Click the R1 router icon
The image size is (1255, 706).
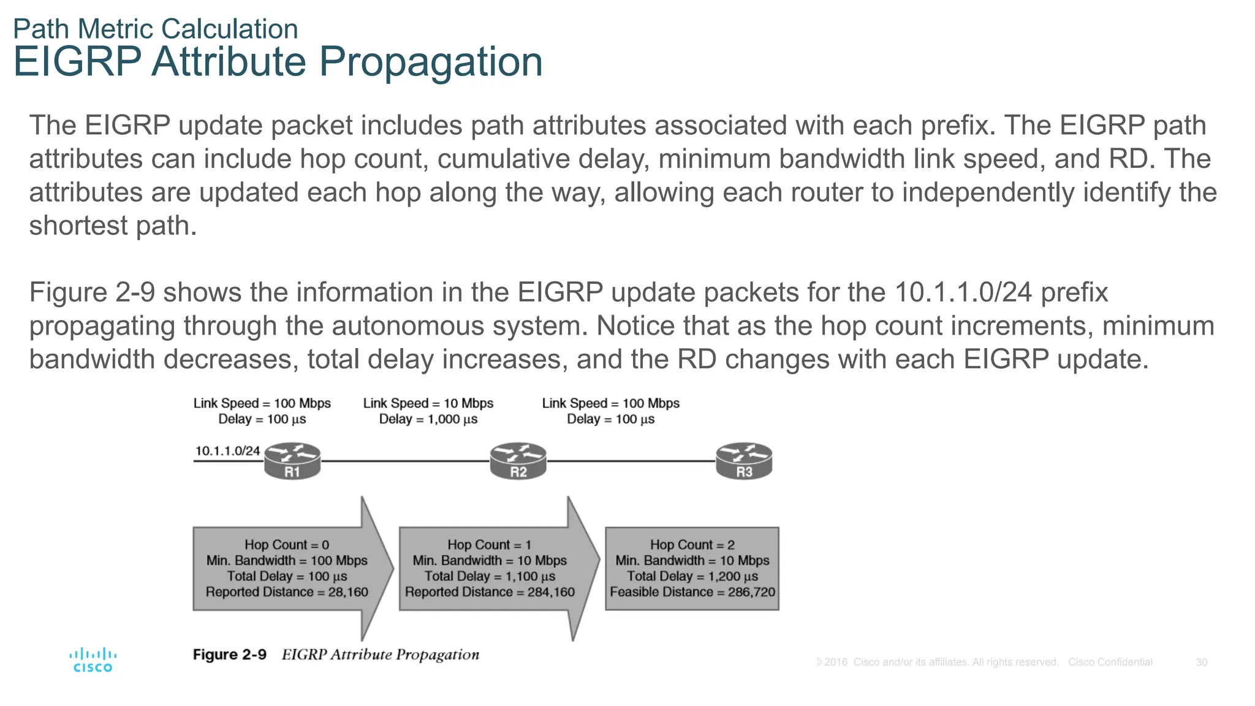(292, 461)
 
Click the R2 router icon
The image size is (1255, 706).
(518, 461)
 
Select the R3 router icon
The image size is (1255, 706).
(744, 461)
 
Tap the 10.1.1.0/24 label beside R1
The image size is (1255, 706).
(227, 451)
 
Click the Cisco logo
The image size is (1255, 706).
(93, 661)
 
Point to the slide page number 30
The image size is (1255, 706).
(1201, 662)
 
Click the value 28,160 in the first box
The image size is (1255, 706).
(348, 592)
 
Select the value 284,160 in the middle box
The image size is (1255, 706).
(551, 592)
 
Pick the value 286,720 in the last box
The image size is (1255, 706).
(751, 592)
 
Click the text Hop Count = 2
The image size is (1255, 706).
(692, 545)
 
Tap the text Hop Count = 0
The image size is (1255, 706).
(287, 545)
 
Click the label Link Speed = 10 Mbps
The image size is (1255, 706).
(428, 403)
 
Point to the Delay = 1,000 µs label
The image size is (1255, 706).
(428, 419)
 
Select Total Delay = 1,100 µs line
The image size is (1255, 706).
(490, 577)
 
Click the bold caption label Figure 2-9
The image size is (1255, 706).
(230, 655)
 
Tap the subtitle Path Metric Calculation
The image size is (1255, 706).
(156, 29)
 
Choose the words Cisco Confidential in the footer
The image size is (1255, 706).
(1110, 662)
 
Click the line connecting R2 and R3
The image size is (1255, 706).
(631, 461)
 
